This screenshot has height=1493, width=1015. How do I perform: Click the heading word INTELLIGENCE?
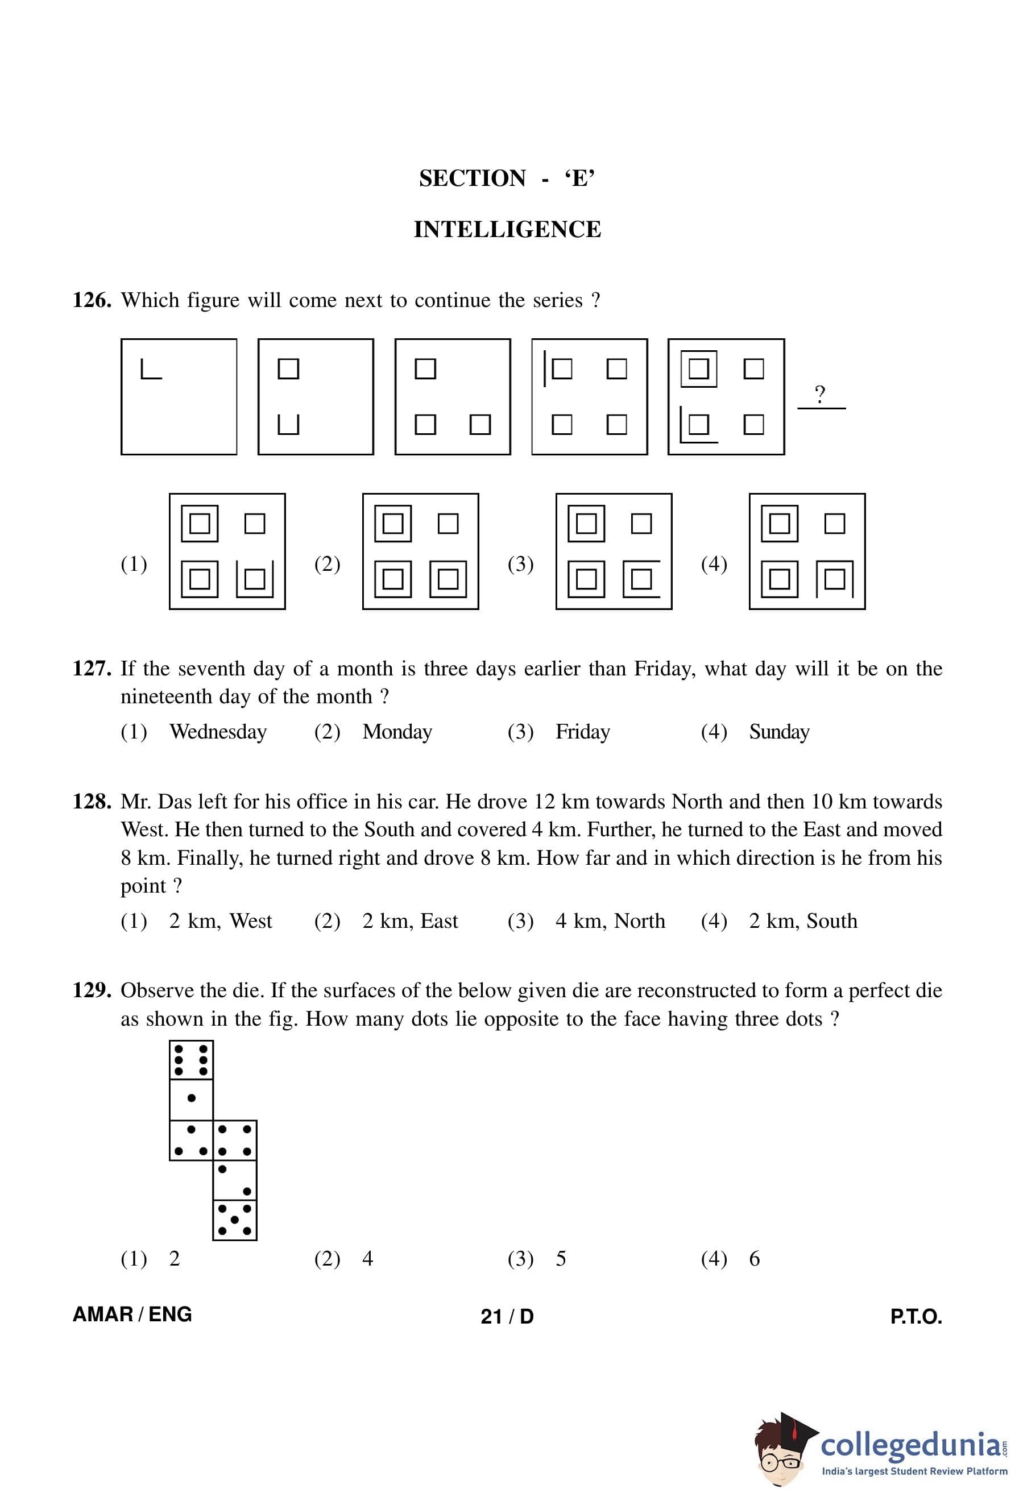[x=507, y=229]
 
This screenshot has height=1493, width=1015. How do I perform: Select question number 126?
[x=93, y=301]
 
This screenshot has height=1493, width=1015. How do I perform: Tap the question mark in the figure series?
[x=820, y=393]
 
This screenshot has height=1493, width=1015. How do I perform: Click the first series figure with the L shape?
[x=179, y=396]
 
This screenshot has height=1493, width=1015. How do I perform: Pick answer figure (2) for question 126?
[x=420, y=551]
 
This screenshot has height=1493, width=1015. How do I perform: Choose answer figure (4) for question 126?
[x=807, y=551]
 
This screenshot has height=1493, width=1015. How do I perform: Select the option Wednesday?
[x=218, y=732]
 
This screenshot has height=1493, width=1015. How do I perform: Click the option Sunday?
[x=779, y=732]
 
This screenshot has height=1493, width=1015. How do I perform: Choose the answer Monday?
[x=397, y=732]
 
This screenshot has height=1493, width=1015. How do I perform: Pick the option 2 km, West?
[x=221, y=921]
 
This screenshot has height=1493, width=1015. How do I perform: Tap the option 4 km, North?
[x=610, y=921]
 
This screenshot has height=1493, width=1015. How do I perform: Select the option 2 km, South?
[x=803, y=921]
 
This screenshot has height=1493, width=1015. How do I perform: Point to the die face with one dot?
[x=191, y=1100]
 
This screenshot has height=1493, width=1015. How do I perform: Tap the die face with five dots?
[x=234, y=1219]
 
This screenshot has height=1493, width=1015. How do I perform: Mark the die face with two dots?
[x=234, y=1180]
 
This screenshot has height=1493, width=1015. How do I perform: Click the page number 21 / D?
[x=507, y=1316]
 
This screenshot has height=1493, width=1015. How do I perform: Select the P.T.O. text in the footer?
[x=915, y=1316]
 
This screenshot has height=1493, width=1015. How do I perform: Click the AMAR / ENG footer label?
[x=132, y=1314]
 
